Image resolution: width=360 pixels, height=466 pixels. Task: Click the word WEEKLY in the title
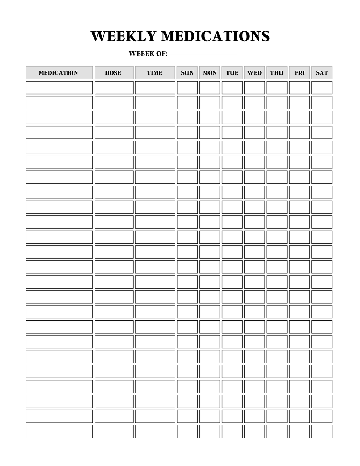point(123,36)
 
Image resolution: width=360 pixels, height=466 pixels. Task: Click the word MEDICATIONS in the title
point(215,36)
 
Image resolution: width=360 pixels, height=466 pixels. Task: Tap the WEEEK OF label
point(148,54)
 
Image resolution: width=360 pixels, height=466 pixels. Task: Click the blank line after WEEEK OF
point(202,54)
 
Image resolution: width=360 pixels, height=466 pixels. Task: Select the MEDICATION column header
point(59,73)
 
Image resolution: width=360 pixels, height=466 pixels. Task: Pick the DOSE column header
point(114,73)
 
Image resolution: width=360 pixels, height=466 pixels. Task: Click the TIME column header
point(155,73)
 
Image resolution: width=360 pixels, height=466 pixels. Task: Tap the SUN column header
point(187,73)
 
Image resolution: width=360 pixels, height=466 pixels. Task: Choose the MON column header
point(210,73)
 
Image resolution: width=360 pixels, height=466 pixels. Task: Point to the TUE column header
point(232,73)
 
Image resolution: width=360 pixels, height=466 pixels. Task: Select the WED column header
point(255,73)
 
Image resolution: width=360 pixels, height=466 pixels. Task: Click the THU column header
point(277,73)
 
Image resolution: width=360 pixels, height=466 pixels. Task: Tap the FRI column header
point(300,73)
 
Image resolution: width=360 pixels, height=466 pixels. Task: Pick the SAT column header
point(322,73)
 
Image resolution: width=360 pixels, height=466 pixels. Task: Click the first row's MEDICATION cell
point(59,88)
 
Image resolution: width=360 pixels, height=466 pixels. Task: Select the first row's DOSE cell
point(114,88)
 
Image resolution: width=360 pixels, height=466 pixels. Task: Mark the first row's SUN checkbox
point(187,88)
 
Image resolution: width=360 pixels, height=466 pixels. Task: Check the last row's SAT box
point(322,431)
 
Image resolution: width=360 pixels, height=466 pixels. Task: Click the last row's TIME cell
point(155,431)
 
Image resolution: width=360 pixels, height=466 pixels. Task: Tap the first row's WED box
point(255,88)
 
